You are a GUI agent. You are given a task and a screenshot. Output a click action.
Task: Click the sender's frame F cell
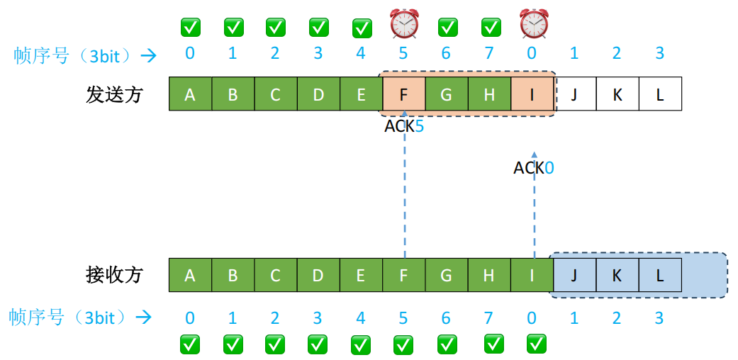point(403,94)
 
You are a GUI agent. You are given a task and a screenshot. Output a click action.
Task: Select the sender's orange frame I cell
point(532,94)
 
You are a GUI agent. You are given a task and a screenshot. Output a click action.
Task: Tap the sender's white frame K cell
point(617,94)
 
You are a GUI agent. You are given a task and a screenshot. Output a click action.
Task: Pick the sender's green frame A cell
point(190,94)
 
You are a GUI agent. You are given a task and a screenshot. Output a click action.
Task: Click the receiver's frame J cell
point(574,275)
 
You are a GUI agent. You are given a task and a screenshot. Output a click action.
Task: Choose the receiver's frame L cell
point(660,275)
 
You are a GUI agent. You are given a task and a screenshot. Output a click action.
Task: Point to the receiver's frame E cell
point(361,275)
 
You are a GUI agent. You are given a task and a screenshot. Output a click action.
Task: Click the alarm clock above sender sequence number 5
point(404,25)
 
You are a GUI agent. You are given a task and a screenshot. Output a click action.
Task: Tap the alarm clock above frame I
point(534,25)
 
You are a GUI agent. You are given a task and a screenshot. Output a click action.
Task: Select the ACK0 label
point(534,169)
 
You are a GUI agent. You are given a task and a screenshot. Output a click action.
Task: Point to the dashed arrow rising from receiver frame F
point(404,191)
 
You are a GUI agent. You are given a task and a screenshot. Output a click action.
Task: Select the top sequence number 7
point(488,54)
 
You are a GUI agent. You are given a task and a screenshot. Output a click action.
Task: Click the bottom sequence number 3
point(659,318)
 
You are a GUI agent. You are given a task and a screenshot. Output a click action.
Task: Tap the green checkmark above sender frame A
point(190,28)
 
